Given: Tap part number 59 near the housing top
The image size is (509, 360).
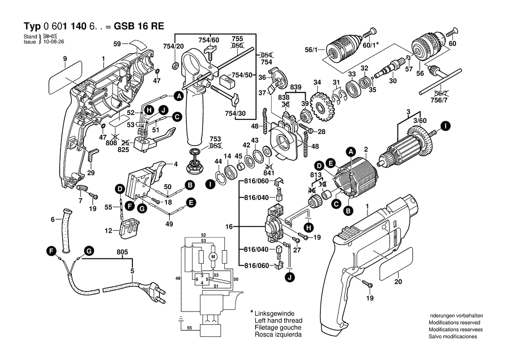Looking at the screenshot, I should [117, 44].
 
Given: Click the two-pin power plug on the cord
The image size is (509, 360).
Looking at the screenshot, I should [152, 291].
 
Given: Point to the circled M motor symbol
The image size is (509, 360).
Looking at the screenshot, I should [213, 257].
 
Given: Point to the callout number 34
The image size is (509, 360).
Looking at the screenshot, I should [317, 82].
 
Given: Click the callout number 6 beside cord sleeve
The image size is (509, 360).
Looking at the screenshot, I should [53, 220].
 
